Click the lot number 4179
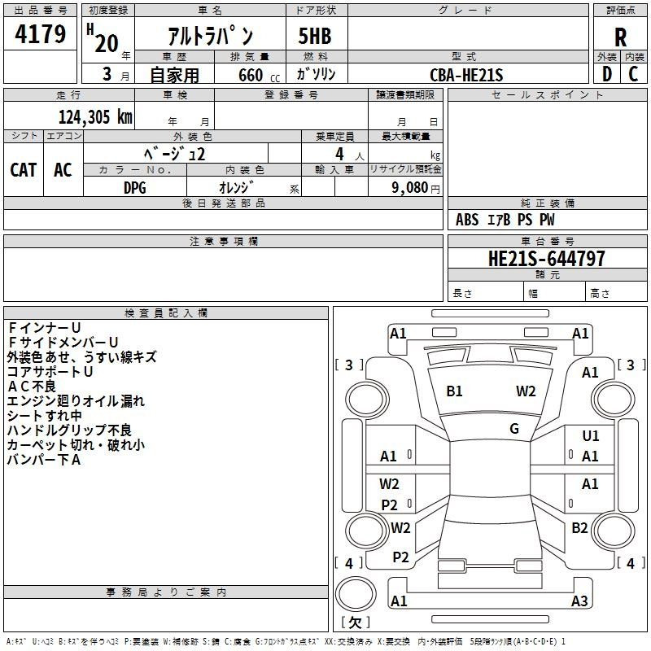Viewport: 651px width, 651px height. [40, 33]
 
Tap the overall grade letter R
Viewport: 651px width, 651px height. [620, 37]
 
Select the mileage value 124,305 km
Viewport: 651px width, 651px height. [95, 116]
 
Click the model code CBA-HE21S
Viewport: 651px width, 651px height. [466, 75]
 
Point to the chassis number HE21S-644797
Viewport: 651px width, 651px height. [546, 258]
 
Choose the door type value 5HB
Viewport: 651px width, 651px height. [315, 36]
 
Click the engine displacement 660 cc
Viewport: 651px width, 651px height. [259, 75]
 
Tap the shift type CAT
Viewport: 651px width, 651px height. [24, 169]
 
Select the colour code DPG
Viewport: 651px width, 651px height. [135, 188]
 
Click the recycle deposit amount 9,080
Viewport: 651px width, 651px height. [410, 188]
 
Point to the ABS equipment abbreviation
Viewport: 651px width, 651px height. [467, 220]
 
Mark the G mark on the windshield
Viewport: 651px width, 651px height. [514, 428]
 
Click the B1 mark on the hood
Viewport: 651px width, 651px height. [454, 391]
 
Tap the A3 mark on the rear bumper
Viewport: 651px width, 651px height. [579, 601]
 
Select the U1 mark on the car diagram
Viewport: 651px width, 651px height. [591, 435]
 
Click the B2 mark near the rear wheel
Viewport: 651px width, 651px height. [579, 527]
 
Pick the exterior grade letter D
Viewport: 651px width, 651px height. [607, 74]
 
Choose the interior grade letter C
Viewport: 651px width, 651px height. [633, 74]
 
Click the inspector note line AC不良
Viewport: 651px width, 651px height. [32, 387]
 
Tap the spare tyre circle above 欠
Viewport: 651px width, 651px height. [356, 594]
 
